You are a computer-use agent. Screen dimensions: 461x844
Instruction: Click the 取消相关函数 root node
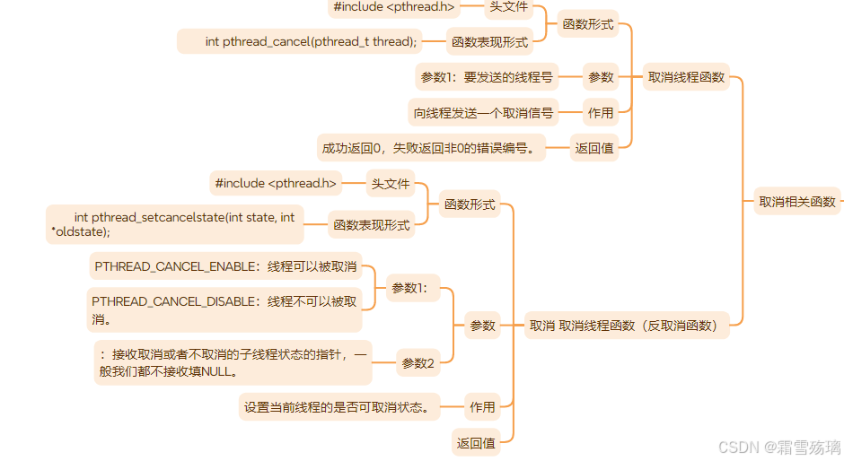pyautogui.click(x=796, y=201)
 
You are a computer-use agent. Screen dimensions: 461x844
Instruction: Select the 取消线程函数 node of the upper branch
pyautogui.click(x=686, y=77)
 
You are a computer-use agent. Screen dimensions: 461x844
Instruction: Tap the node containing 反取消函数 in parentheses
pyautogui.click(x=627, y=326)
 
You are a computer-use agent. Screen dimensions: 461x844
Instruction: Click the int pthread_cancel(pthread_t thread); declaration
pyautogui.click(x=311, y=41)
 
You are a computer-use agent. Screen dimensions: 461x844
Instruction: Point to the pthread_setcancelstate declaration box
pyautogui.click(x=175, y=223)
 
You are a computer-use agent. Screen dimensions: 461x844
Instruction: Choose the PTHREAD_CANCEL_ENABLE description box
pyautogui.click(x=225, y=266)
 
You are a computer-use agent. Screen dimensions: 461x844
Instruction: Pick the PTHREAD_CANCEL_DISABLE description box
pyautogui.click(x=224, y=309)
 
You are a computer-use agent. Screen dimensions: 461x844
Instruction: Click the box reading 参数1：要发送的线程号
pyautogui.click(x=487, y=77)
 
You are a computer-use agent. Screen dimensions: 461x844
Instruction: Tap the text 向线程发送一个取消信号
pyautogui.click(x=483, y=113)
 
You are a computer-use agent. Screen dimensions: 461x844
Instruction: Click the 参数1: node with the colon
pyautogui.click(x=413, y=288)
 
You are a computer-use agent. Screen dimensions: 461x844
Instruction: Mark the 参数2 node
pyautogui.click(x=418, y=363)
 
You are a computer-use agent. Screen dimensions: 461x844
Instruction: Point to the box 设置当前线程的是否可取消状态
pyautogui.click(x=340, y=406)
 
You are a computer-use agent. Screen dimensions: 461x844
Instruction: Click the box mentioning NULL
pyautogui.click(x=232, y=362)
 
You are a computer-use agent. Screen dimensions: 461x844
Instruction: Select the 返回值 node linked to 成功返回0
pyautogui.click(x=593, y=148)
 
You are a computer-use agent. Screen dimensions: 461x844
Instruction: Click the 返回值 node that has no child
pyautogui.click(x=475, y=442)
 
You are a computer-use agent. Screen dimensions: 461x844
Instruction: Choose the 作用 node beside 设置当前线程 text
pyautogui.click(x=482, y=406)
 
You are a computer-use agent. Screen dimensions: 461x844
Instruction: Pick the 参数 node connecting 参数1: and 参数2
pyautogui.click(x=482, y=326)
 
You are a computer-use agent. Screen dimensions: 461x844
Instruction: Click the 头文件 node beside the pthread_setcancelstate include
pyautogui.click(x=390, y=184)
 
